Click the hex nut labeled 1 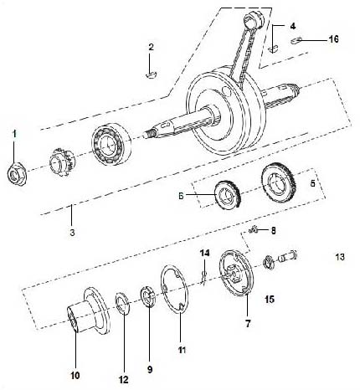point(16,174)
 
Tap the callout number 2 point(151,47)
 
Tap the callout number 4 point(280,27)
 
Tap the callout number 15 point(269,298)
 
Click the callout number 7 point(248,321)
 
